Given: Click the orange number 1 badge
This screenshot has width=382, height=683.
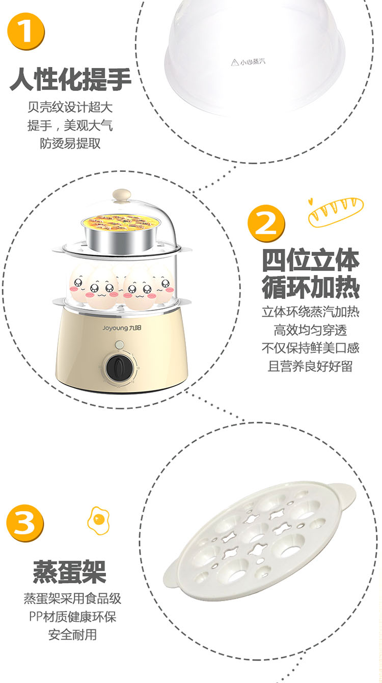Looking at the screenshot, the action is pyautogui.click(x=26, y=31).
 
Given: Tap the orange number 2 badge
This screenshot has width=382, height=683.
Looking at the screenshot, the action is pyautogui.click(x=266, y=223).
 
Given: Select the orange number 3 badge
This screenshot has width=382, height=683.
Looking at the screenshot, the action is pyautogui.click(x=25, y=523).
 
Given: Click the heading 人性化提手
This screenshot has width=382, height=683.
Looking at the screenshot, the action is pyautogui.click(x=70, y=79).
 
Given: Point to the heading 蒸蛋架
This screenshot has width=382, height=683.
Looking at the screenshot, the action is pyautogui.click(x=70, y=572).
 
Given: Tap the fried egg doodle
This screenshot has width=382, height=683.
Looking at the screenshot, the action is pyautogui.click(x=98, y=520).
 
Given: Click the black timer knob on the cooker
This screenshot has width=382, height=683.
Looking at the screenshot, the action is pyautogui.click(x=119, y=368).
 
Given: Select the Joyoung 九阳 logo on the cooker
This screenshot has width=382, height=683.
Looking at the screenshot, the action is pyautogui.click(x=122, y=328).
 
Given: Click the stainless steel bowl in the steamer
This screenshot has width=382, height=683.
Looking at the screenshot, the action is pyautogui.click(x=121, y=233).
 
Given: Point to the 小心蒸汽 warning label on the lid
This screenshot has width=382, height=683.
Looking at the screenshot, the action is pyautogui.click(x=248, y=62).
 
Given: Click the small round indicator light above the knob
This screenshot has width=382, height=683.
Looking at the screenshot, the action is pyautogui.click(x=120, y=344).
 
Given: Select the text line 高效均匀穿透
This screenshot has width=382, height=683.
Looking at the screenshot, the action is pyautogui.click(x=310, y=330).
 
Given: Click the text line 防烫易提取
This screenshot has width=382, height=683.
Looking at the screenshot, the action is pyautogui.click(x=70, y=143).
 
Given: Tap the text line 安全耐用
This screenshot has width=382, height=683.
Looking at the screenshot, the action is pyautogui.click(x=72, y=635).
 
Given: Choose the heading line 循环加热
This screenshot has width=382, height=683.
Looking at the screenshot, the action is pyautogui.click(x=311, y=287).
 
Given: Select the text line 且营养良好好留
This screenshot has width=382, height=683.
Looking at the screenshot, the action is pyautogui.click(x=310, y=366).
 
